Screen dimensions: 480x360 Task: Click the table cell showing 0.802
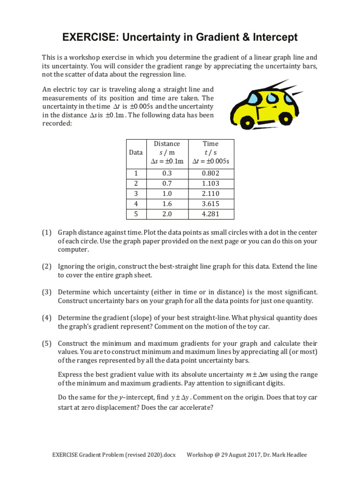[210, 173]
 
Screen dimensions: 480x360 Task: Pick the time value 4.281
[210, 214]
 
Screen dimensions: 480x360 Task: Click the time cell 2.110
[210, 194]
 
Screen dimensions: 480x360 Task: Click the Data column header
[136, 152]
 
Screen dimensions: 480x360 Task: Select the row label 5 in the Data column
[136, 214]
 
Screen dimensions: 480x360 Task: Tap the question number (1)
[47, 232]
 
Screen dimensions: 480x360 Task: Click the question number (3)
[47, 292]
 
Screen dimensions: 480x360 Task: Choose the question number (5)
[47, 343]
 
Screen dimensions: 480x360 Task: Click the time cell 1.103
[210, 183]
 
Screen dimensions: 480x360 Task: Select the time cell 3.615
[210, 204]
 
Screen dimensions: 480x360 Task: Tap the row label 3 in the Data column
[136, 194]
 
